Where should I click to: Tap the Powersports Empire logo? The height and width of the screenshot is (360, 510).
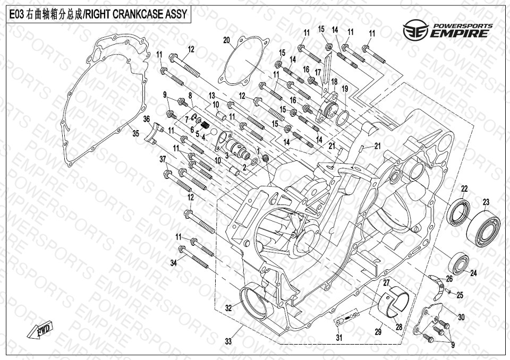point(447,30)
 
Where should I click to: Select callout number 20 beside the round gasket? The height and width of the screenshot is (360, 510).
point(227,40)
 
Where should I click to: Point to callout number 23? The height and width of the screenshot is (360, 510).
point(486,202)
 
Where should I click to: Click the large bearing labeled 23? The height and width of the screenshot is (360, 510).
point(483,229)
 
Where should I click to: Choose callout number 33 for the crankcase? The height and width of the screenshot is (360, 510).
point(228,341)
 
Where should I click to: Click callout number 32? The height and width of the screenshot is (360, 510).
point(228,307)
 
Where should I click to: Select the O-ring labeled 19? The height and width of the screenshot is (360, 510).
point(343,118)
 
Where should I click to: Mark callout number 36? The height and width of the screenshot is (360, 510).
point(147,119)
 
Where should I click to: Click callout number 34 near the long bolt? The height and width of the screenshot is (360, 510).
point(174,263)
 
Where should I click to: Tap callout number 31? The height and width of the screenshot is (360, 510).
point(339,338)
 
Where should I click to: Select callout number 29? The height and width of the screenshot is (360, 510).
point(378,332)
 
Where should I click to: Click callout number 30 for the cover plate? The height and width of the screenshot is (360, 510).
point(461,316)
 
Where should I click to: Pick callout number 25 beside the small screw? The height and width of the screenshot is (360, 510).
point(460,295)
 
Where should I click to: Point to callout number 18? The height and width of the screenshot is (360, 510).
point(334,81)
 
